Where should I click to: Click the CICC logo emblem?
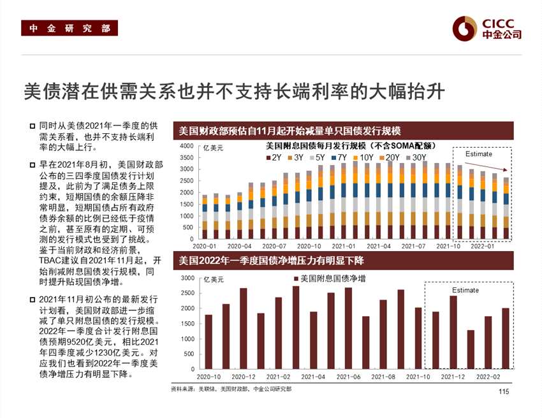[465, 28]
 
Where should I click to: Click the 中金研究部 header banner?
[66, 29]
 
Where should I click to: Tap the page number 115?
[504, 392]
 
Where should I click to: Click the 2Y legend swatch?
[268, 157]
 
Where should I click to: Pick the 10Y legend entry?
[363, 157]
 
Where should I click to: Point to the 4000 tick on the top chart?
[186, 147]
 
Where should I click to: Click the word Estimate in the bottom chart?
[465, 291]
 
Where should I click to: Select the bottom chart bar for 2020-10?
[209, 342]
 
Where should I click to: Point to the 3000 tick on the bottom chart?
[187, 278]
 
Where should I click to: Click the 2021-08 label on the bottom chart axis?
[383, 377]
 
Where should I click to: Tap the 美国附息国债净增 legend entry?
[329, 279]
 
